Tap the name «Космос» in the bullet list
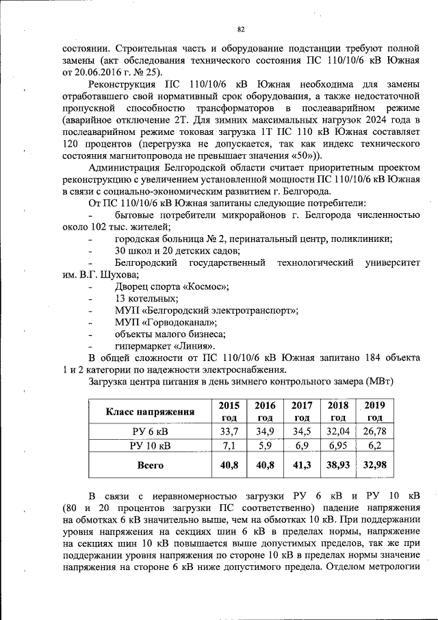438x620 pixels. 203,286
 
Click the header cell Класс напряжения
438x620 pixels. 150,412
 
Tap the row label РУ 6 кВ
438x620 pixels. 150,432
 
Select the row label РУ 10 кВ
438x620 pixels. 150,446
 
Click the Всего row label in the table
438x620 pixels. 150,465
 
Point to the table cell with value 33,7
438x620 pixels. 228,432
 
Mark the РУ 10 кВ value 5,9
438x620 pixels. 264,446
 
